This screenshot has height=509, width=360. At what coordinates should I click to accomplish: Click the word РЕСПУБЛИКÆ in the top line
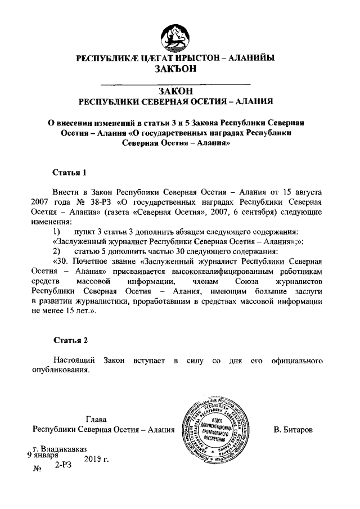click(x=105, y=58)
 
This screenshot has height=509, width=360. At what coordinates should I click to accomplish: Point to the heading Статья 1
click(x=70, y=172)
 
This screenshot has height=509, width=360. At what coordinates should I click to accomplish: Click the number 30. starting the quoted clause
click(x=64, y=260)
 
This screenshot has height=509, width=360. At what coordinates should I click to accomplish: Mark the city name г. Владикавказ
click(x=60, y=449)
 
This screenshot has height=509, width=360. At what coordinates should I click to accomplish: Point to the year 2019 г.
click(x=96, y=460)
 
